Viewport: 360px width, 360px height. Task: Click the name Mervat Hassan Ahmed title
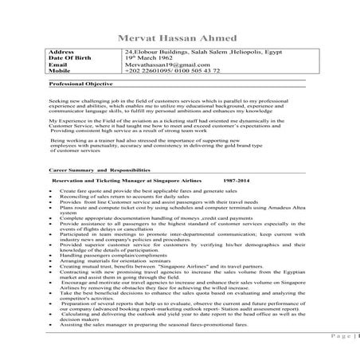(179, 37)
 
